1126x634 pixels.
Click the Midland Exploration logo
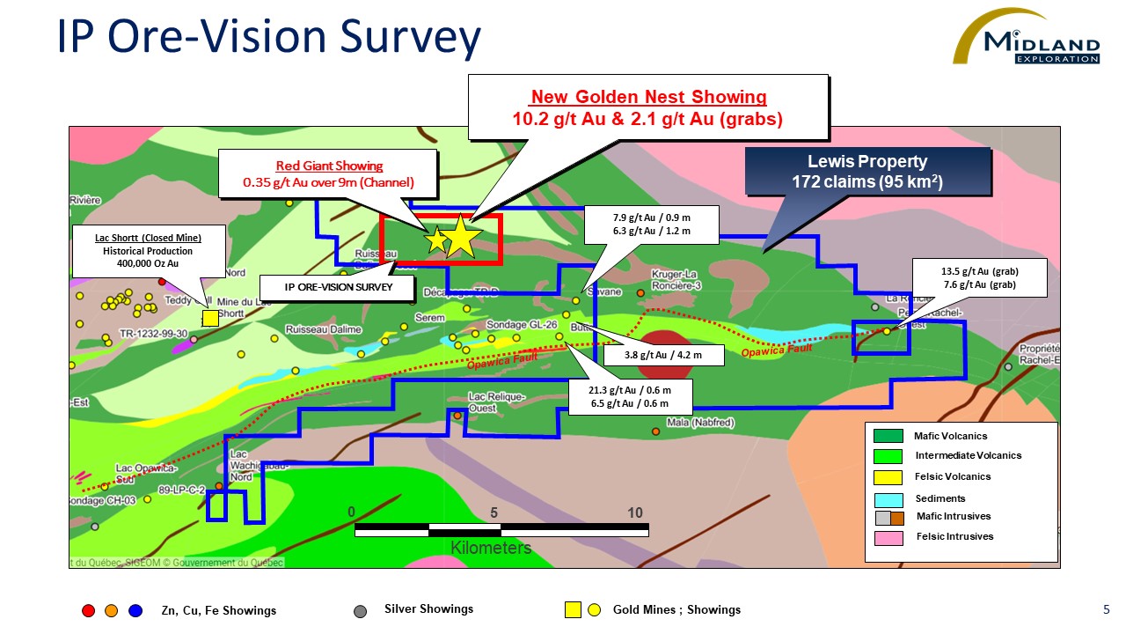point(1029,40)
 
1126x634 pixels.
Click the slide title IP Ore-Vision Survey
point(268,40)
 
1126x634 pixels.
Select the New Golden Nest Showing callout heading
point(648,97)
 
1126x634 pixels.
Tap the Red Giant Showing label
point(329,166)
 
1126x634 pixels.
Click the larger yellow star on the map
point(461,238)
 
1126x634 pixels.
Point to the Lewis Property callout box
point(867,172)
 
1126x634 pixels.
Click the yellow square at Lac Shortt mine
point(210,318)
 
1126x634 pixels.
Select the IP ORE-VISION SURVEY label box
point(337,287)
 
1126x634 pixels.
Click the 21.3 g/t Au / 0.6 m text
point(631,390)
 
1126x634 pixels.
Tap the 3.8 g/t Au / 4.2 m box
point(663,356)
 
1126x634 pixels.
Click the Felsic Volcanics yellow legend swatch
point(888,477)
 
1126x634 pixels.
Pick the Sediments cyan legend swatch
point(888,499)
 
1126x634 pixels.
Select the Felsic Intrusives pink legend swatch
point(888,537)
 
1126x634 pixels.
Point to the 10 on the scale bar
point(635,513)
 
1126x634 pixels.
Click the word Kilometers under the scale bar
point(491,548)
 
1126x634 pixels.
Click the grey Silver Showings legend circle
point(360,610)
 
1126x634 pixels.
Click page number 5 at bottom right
point(1106,609)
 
